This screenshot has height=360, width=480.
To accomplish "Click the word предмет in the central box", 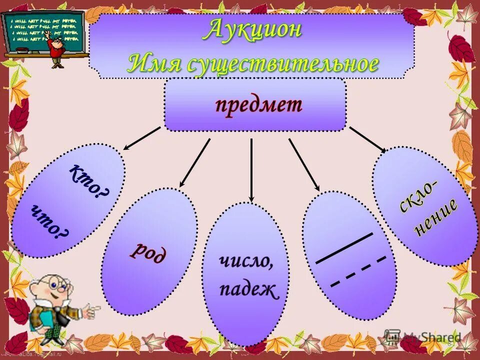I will pos(258,105).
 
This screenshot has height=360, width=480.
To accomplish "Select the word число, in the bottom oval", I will pos(246,261).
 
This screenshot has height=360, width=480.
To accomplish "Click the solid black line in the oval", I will pos(344,248).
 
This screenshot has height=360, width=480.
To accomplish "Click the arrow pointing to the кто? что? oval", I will pos(142,138).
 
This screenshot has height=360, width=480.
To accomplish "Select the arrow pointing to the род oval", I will pos(195,162).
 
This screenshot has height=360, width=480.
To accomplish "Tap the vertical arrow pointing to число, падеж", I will pos(251,170).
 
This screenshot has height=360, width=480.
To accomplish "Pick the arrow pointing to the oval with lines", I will pos(304,164).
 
